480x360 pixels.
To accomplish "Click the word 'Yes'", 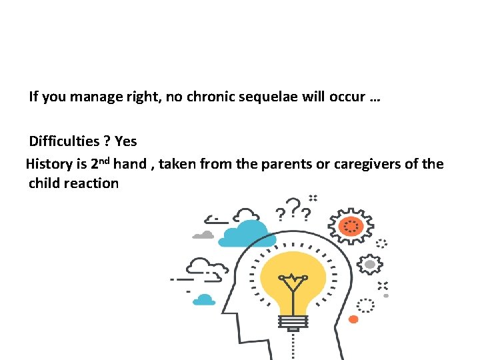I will click(x=125, y=141).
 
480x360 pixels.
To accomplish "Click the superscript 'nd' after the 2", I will click(x=105, y=160).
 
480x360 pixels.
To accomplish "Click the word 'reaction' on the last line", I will click(x=91, y=183).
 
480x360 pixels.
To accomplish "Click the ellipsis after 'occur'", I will click(x=374, y=98).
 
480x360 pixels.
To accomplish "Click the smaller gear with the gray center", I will click(x=369, y=264).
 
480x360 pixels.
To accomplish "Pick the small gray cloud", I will click(x=203, y=235).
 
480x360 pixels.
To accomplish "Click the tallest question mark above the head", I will click(x=293, y=205).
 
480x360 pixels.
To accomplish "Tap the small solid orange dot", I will click(x=353, y=319).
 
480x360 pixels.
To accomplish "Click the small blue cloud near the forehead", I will click(x=204, y=300).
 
